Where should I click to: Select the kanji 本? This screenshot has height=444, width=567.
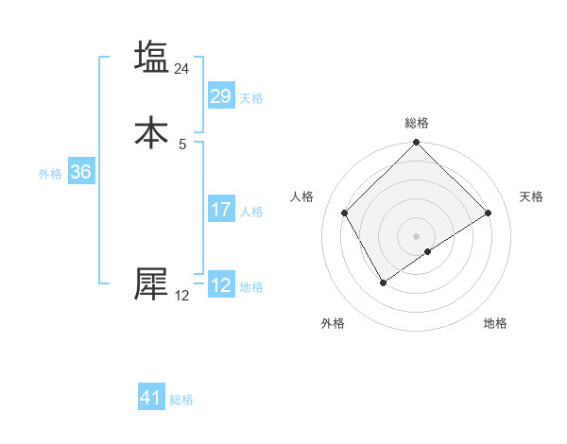point(152,131)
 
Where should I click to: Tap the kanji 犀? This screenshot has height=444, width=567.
point(152,282)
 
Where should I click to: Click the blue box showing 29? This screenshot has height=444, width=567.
point(220,96)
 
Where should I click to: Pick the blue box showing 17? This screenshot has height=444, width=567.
point(220,210)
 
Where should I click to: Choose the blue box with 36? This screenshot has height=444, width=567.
point(80,172)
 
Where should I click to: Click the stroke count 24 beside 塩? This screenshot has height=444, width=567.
point(182,69)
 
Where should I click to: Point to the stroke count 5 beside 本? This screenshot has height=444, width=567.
point(182,144)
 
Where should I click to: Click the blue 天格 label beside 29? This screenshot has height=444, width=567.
point(251,98)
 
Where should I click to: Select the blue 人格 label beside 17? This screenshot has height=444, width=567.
point(251,212)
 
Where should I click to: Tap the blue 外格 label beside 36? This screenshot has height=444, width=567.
point(50,174)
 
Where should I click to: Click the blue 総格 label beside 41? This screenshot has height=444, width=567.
point(181,400)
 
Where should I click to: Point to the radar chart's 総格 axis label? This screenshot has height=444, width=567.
point(417,124)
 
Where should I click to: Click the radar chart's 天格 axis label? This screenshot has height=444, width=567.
point(531,196)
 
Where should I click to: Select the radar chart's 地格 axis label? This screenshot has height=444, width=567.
point(495,323)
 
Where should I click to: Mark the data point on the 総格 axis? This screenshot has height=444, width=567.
point(417,144)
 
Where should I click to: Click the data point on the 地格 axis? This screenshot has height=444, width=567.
point(428,251)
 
